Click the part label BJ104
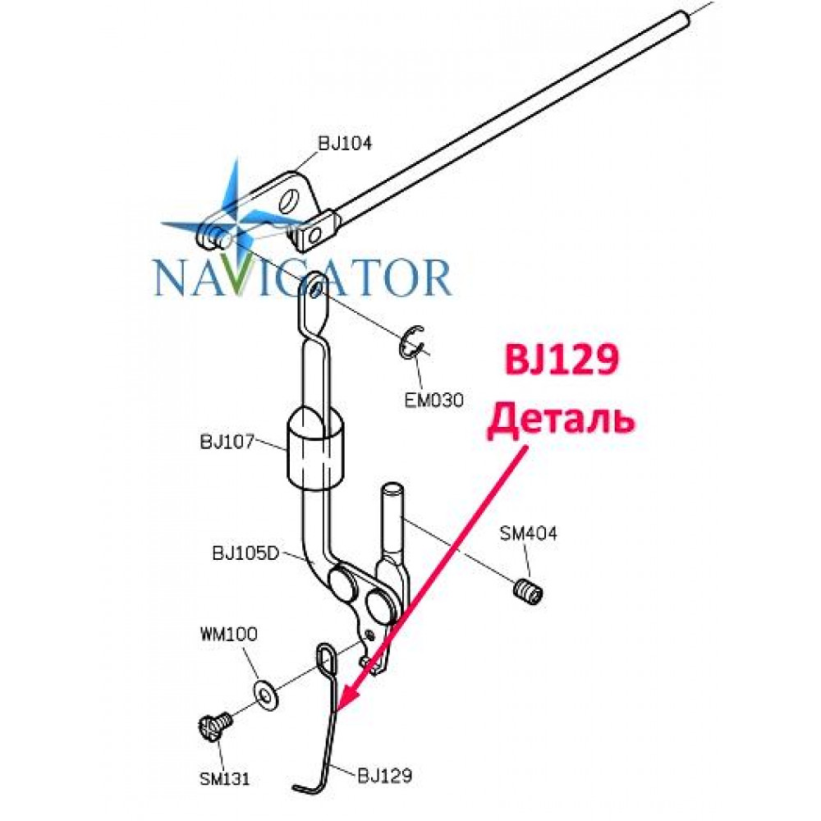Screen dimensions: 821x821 tap(345, 143)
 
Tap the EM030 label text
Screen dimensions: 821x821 tap(434, 401)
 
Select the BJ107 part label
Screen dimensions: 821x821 tap(227, 442)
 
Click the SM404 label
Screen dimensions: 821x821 tap(528, 534)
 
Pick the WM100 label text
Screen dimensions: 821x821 tap(229, 635)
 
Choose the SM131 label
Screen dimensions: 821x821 tap(225, 779)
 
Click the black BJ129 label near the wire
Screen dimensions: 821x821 tap(385, 776)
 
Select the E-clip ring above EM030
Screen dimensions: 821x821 tap(412, 343)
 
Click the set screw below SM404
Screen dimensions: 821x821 tap(527, 592)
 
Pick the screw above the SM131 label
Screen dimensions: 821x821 tap(214, 727)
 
